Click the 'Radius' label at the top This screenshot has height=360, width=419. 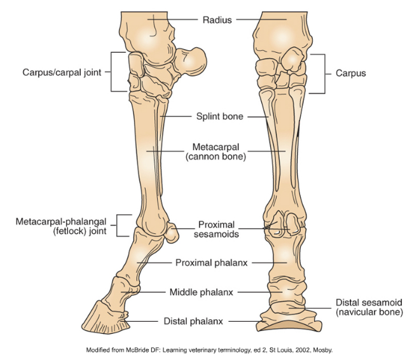217,19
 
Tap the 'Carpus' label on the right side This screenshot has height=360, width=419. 350,73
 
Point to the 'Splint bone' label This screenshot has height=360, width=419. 219,116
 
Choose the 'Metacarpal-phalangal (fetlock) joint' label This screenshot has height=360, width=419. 61,226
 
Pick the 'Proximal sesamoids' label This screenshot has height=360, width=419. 217,229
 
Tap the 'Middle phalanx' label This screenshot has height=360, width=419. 201,292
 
